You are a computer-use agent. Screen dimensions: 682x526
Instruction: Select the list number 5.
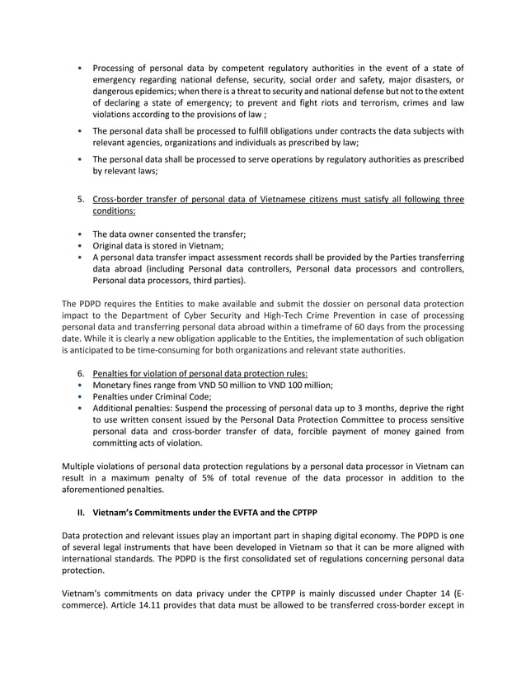tap(81, 199)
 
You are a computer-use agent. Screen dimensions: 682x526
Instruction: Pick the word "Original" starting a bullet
tap(110, 245)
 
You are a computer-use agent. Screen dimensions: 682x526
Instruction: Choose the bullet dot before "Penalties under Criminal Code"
tap(78, 396)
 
